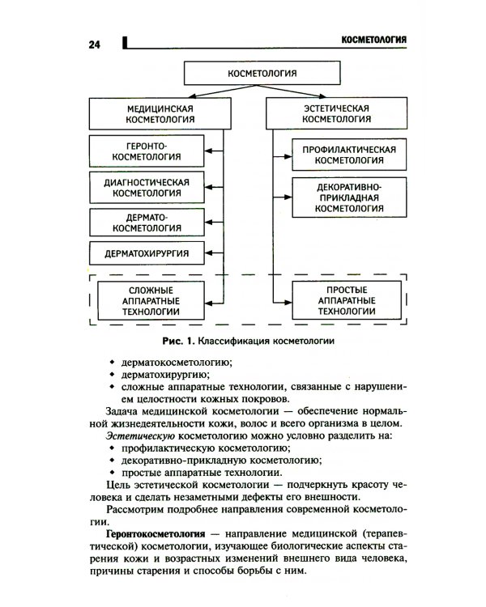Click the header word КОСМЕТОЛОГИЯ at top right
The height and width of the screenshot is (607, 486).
pos(373,40)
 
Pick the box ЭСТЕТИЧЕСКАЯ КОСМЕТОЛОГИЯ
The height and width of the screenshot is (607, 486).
pos(336,113)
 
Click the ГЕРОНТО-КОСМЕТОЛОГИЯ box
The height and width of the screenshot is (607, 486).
pos(147,151)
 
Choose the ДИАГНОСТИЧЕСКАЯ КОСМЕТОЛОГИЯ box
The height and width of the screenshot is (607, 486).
pos(147,189)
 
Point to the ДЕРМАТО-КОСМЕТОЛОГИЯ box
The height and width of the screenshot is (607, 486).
pos(147,223)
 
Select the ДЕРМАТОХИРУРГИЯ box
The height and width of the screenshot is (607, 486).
pos(147,254)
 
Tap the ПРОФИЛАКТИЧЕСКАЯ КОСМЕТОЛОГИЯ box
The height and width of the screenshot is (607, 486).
pos(349,155)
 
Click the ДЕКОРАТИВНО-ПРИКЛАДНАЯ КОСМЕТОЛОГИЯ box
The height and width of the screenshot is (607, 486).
pos(349,198)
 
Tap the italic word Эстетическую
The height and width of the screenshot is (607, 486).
pos(134,436)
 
